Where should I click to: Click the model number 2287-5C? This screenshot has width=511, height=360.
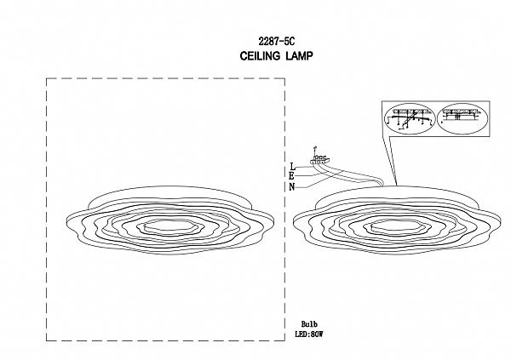coord(276,42)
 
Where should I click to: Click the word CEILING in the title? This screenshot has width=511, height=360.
coord(260,56)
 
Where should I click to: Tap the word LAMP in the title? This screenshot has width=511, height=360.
coord(299,56)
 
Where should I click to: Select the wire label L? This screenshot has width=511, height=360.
coord(293,167)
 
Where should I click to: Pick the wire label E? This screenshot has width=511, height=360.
coord(291,176)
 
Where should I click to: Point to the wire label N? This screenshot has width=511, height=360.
coord(291,187)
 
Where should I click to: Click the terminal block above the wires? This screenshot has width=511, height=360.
coord(321,160)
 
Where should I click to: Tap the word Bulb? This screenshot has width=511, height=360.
coord(309,324)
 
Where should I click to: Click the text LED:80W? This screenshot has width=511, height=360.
coord(309,334)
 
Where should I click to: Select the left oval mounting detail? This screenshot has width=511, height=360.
coord(410,118)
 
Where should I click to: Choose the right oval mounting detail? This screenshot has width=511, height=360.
coord(462,118)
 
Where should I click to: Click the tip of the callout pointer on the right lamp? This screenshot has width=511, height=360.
coord(396,186)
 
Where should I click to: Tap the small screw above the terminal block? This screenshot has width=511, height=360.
coord(314,149)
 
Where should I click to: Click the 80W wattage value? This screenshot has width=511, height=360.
coord(316,334)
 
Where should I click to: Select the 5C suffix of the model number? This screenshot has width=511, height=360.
coord(290,42)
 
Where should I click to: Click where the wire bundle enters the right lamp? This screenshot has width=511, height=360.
coord(382,186)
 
